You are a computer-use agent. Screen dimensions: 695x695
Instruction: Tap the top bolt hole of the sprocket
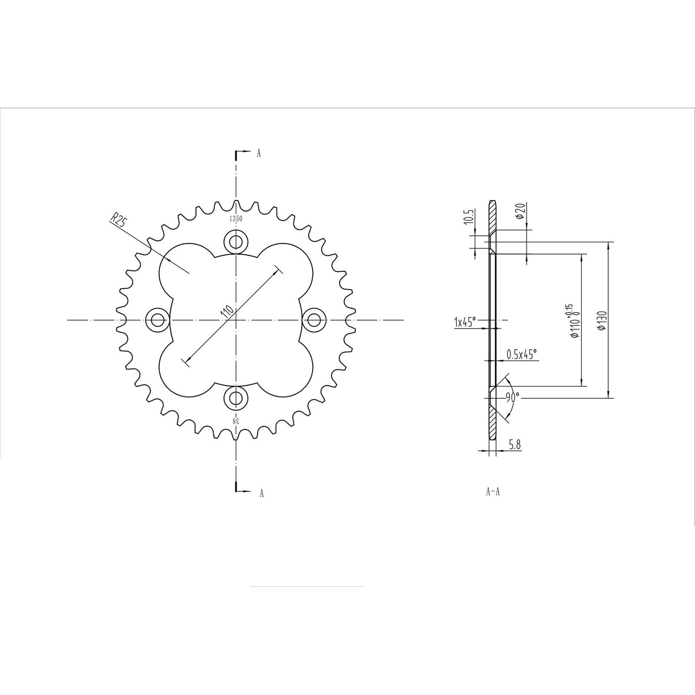236,240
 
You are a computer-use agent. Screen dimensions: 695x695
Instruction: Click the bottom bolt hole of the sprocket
236,398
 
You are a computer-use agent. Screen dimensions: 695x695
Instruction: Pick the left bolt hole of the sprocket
157,319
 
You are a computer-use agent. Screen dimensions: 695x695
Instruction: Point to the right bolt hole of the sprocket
314,319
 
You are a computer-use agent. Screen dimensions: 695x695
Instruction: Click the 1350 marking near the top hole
236,218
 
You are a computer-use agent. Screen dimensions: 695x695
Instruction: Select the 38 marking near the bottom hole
236,421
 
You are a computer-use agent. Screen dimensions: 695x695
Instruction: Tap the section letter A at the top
259,153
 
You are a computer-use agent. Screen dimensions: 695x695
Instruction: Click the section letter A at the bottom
261,493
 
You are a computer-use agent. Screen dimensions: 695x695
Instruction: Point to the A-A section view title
493,492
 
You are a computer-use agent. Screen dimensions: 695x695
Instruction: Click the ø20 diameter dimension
519,210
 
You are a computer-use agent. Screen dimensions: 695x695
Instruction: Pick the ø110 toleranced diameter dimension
574,321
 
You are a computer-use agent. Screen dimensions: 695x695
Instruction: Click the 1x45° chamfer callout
465,322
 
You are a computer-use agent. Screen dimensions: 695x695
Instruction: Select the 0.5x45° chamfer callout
521,354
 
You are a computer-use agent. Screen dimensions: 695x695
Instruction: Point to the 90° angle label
512,397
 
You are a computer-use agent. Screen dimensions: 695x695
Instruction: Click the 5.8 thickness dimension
515,445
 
